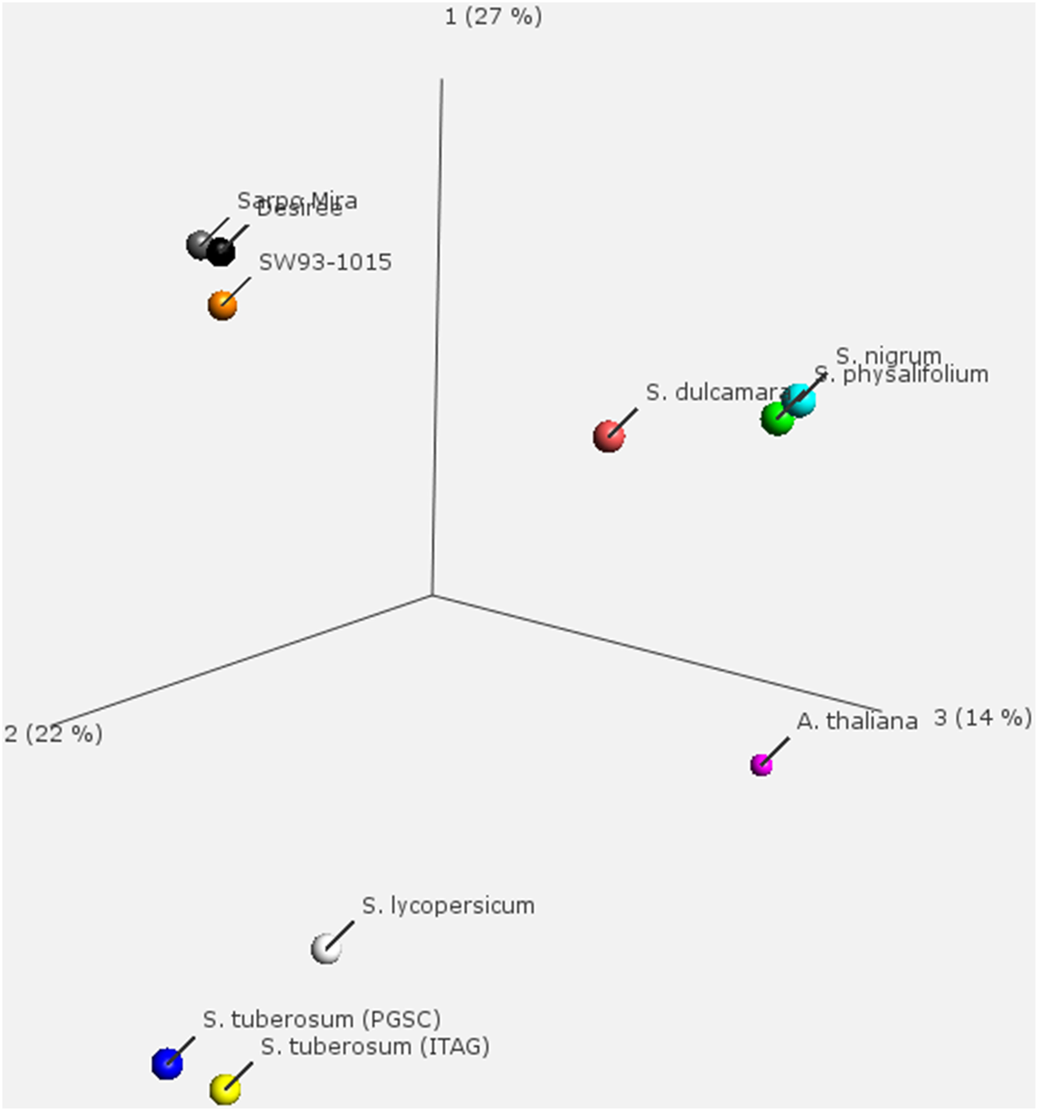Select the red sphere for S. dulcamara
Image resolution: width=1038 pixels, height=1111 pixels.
pyautogui.click(x=608, y=436)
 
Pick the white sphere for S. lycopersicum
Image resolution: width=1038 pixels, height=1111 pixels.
pyautogui.click(x=326, y=948)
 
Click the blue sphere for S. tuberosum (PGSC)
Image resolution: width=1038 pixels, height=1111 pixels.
pyautogui.click(x=167, y=1063)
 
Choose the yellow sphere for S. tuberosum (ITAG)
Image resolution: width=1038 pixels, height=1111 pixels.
pyautogui.click(x=225, y=1089)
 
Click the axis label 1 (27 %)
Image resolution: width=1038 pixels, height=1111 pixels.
pyautogui.click(x=493, y=17)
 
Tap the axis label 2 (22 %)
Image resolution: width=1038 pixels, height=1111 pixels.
pyautogui.click(x=53, y=734)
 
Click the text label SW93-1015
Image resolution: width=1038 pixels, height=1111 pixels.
pyautogui.click(x=325, y=263)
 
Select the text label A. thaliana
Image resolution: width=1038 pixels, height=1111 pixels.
pyautogui.click(x=857, y=721)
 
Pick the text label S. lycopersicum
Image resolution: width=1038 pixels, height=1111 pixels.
pyautogui.click(x=448, y=906)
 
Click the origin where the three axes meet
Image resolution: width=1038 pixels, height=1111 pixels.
pyautogui.click(x=432, y=595)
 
